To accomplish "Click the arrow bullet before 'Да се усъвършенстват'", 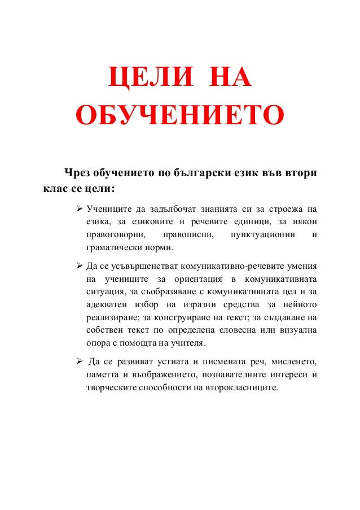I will click(80, 266).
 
